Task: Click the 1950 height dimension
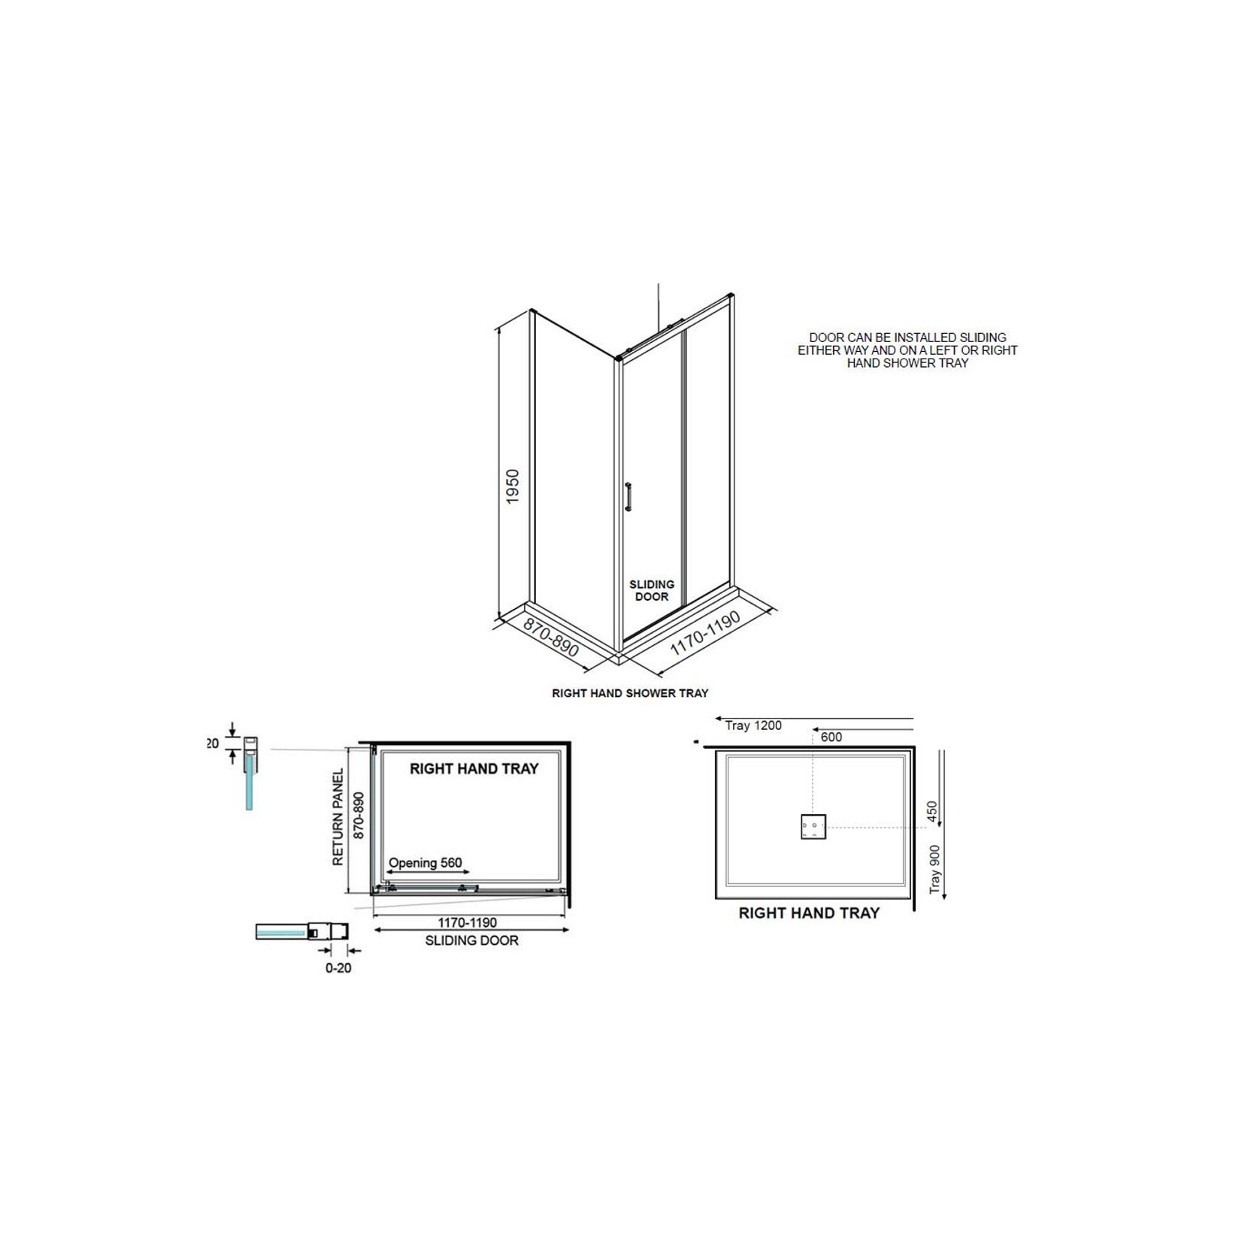[x=513, y=486]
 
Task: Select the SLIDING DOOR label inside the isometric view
[x=652, y=590]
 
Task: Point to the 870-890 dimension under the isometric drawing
[x=551, y=638]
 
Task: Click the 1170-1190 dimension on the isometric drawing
[x=705, y=632]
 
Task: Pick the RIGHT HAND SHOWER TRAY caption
[x=630, y=693]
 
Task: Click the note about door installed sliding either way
[x=907, y=350]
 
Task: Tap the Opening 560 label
[x=426, y=863]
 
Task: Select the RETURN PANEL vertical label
[x=338, y=816]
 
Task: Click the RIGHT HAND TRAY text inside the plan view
[x=474, y=769]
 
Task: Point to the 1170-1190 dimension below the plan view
[x=468, y=922]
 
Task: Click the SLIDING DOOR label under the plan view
[x=471, y=940]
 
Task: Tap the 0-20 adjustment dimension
[x=338, y=968]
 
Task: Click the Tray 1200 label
[x=753, y=725]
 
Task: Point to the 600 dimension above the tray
[x=831, y=738]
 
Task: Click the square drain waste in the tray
[x=813, y=827]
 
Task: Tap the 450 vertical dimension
[x=932, y=812]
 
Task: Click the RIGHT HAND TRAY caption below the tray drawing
[x=809, y=913]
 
